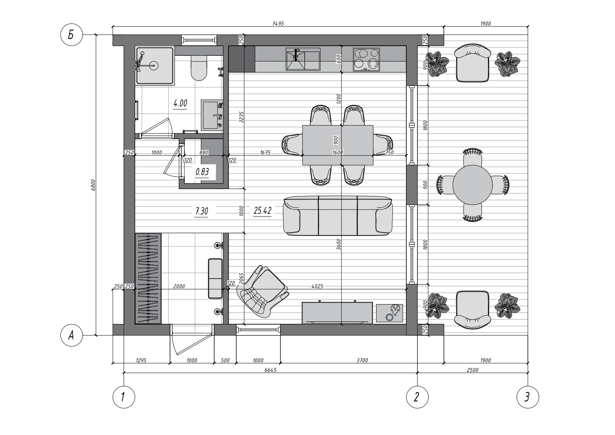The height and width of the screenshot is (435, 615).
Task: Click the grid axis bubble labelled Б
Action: click(x=71, y=35)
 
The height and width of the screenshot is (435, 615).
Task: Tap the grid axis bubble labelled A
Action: click(x=71, y=335)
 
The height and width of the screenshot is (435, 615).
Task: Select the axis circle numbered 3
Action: click(x=528, y=397)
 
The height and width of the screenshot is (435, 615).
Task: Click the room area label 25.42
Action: click(x=263, y=211)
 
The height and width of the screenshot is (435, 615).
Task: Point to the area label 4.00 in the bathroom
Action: click(x=180, y=103)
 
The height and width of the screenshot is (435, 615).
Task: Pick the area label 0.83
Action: click(x=202, y=172)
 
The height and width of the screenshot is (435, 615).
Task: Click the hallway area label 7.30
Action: click(x=201, y=211)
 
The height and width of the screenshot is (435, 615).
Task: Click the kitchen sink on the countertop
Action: click(x=303, y=59)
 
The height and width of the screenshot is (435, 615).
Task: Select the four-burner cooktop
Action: click(x=366, y=60)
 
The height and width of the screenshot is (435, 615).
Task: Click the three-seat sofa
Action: click(x=338, y=216)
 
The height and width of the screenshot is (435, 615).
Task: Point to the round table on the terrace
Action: click(x=472, y=185)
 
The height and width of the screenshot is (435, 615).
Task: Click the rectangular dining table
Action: click(x=338, y=145)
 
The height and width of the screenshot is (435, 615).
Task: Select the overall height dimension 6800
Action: click(x=93, y=185)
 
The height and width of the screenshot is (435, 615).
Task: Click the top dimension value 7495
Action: click(x=278, y=24)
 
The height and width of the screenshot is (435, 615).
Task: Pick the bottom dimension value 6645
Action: click(x=270, y=370)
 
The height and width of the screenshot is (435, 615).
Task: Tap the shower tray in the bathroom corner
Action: click(x=155, y=65)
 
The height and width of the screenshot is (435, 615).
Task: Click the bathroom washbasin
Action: click(x=212, y=115)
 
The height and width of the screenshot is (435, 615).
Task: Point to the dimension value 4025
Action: click(x=318, y=286)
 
